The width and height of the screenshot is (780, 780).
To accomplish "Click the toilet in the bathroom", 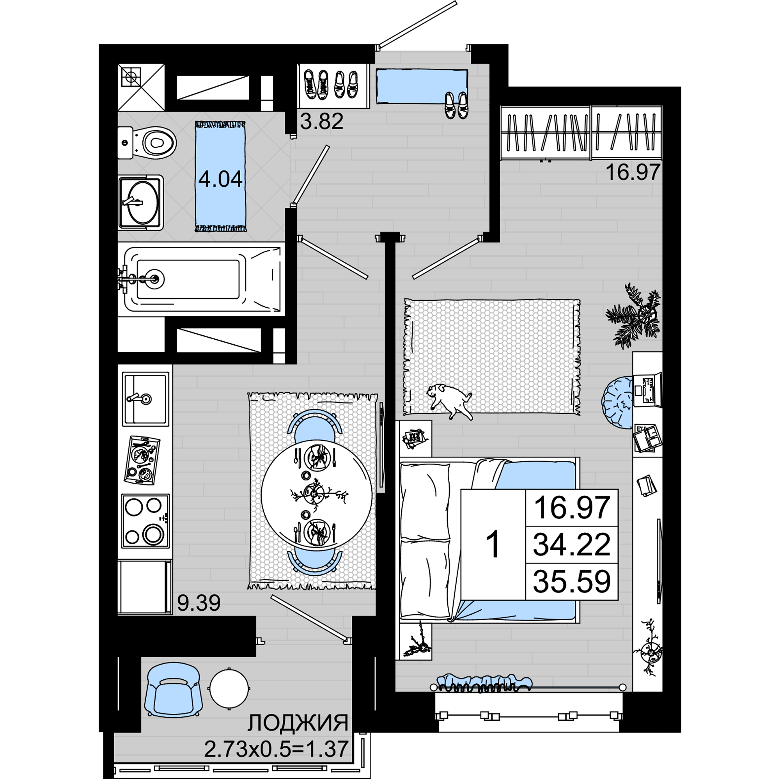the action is [x=147, y=142].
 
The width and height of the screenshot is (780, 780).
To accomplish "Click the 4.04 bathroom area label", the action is [x=220, y=179].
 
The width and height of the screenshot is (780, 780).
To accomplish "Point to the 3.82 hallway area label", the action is [x=322, y=121].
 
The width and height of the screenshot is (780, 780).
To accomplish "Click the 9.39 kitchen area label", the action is [x=199, y=603].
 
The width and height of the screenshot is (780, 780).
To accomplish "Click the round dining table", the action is [x=317, y=495].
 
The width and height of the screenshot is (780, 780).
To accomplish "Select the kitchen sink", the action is [x=145, y=399].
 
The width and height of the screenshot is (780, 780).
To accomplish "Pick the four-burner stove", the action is [x=145, y=521].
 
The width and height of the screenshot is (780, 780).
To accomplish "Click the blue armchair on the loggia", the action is [x=174, y=689].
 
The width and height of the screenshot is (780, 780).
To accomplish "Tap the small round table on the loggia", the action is [x=229, y=688].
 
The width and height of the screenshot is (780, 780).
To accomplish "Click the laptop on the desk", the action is [x=647, y=390].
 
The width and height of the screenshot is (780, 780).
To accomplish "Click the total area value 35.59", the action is [x=572, y=582].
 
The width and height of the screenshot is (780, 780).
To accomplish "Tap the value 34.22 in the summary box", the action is [x=572, y=544].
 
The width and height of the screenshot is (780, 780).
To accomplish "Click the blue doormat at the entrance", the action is [x=422, y=87].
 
